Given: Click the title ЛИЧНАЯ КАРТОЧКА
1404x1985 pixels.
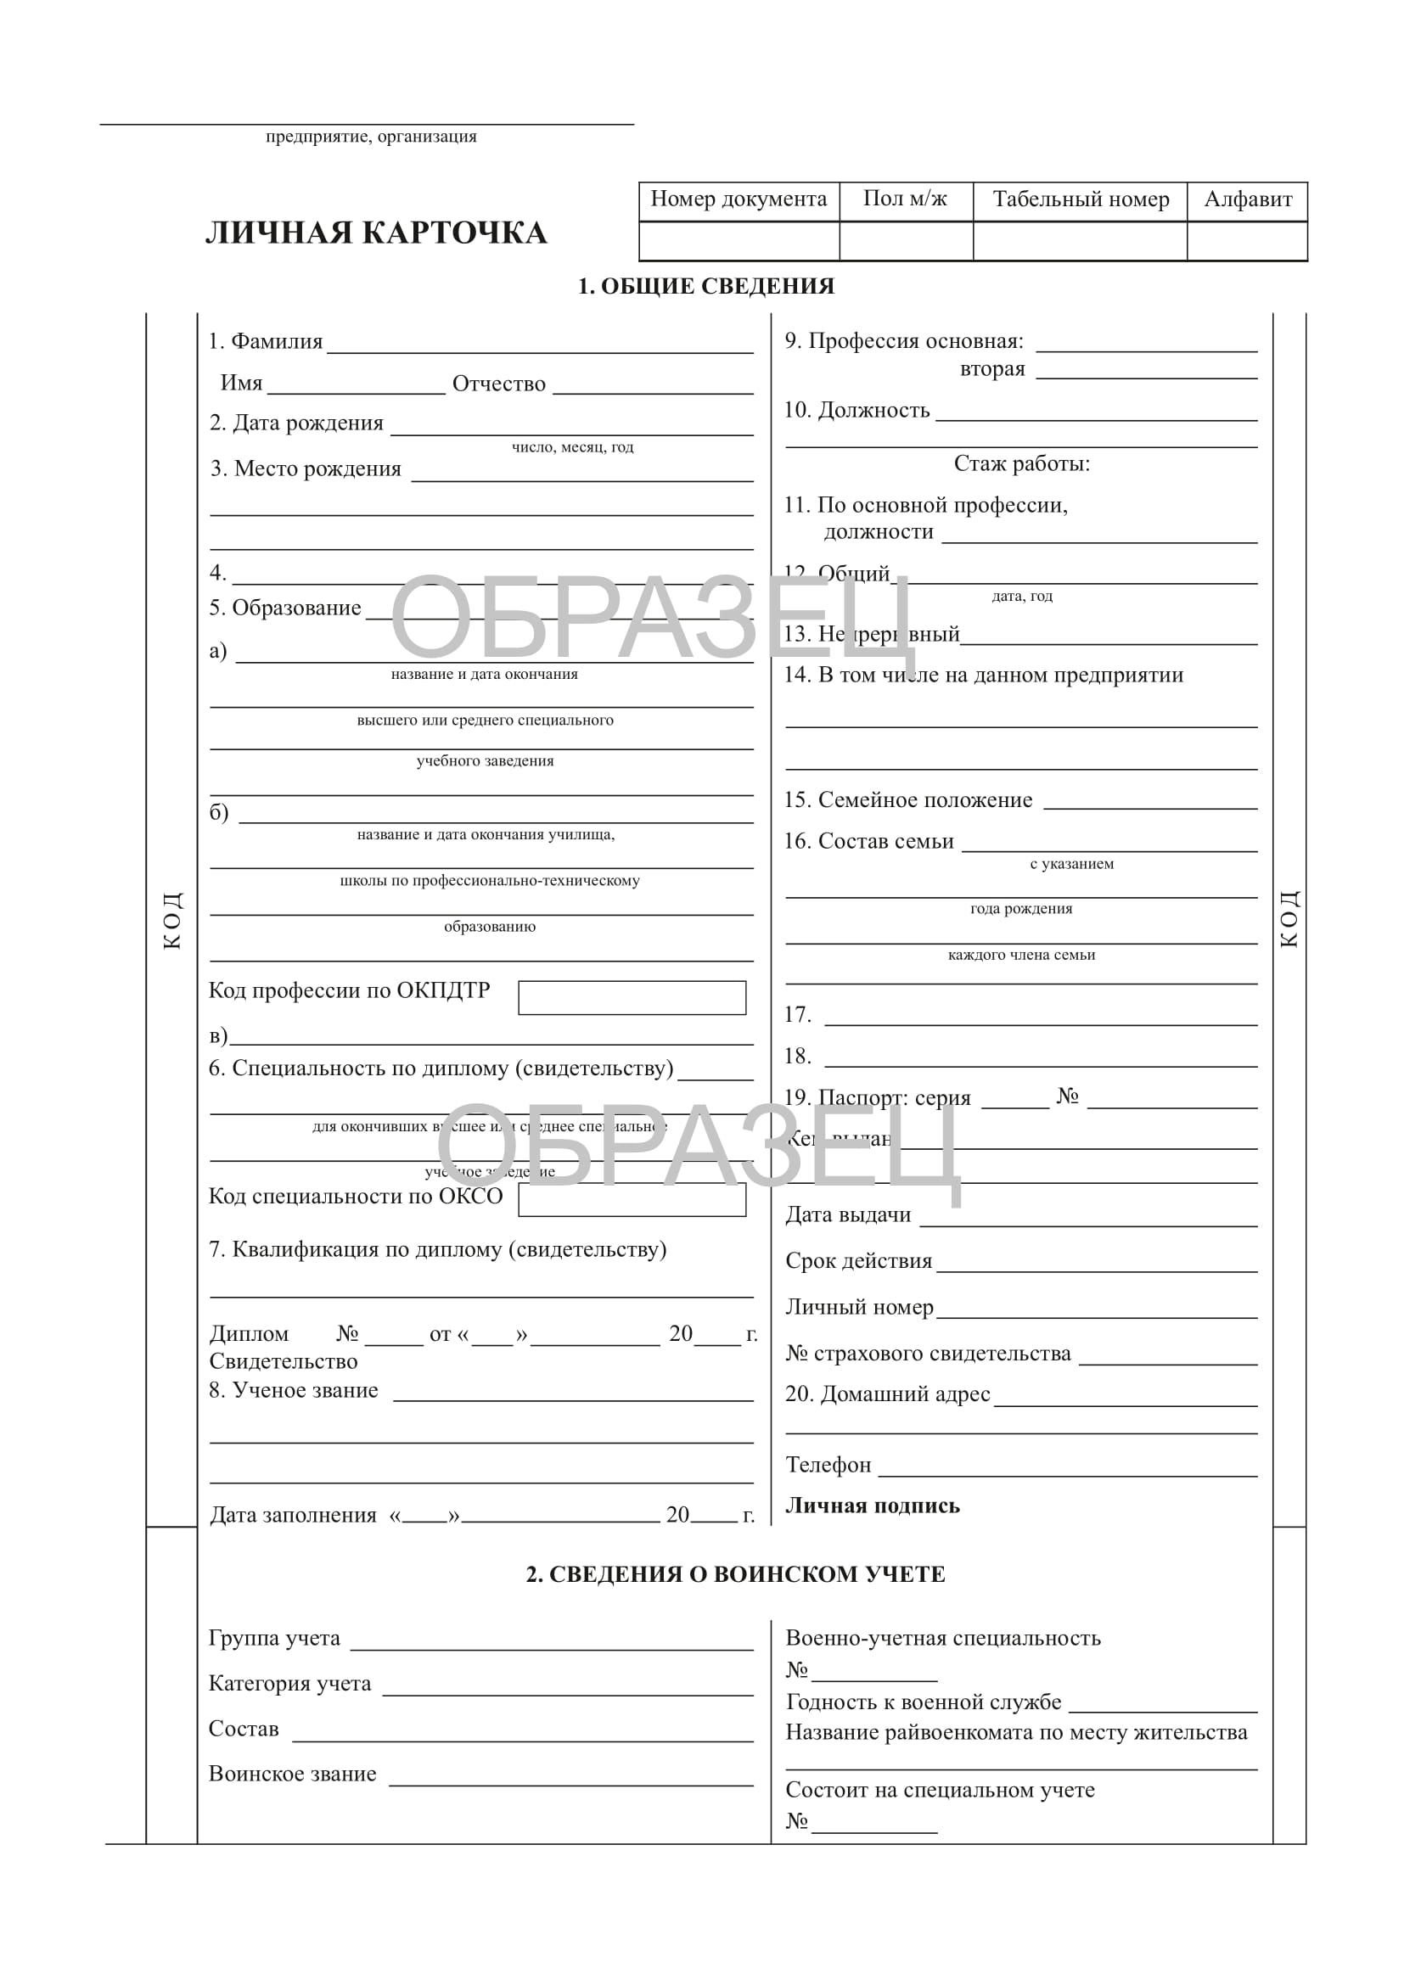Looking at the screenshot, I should pos(376,233).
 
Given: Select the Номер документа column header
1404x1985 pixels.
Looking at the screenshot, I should pos(739,199).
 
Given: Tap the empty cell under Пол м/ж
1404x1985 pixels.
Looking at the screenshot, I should pos(905,241).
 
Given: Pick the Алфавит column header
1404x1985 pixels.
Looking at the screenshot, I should pos(1248,199).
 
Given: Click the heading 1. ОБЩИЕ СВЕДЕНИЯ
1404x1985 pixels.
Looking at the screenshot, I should pos(705,286).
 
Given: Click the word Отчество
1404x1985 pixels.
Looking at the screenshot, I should pos(499,384).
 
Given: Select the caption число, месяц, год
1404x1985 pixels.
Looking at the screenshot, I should pos(572,447).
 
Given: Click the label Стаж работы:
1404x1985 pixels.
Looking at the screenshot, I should pos(1021,463).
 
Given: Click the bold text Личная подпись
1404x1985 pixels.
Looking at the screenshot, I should pos(872,1506).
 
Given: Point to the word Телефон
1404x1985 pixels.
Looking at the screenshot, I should pos(828,1465).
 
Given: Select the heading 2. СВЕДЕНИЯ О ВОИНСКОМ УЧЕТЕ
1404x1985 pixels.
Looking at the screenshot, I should pos(735,1574).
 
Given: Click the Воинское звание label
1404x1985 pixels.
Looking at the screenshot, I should pos(292,1774).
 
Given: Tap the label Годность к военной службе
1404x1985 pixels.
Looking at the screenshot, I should pos(923,1702).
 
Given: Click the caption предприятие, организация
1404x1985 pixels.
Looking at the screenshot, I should pos(371,137).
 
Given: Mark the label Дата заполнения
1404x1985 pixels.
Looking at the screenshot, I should pos(293,1515).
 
